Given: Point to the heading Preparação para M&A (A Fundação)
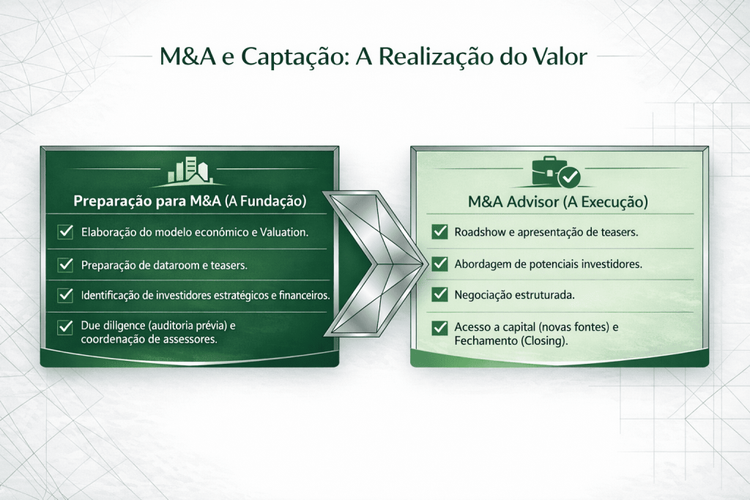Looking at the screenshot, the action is (x=190, y=201).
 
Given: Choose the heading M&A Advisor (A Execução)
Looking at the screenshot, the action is (x=557, y=202).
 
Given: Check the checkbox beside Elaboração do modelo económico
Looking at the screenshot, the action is (x=65, y=232).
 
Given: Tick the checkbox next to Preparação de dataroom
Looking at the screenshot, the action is (x=65, y=264).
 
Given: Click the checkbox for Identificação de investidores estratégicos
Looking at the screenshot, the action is (x=65, y=295).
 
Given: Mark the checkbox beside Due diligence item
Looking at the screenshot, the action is (x=65, y=327).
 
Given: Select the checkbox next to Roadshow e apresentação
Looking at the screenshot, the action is (x=439, y=232).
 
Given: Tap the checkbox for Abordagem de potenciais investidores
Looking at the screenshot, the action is (x=439, y=264).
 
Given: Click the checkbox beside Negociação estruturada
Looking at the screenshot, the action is (x=439, y=294).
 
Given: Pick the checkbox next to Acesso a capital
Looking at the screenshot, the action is (x=439, y=327).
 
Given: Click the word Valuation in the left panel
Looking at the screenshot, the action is (x=284, y=232).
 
